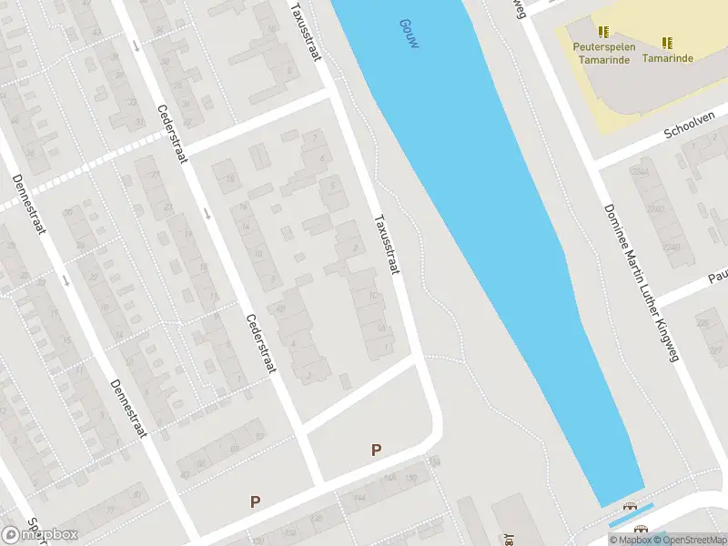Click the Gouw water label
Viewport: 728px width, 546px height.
click(409, 32)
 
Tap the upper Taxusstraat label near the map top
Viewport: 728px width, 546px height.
click(306, 31)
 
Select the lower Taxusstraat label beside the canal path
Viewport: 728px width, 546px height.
click(388, 245)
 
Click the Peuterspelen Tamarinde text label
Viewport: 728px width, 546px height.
click(602, 52)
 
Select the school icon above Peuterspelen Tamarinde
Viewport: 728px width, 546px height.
click(602, 30)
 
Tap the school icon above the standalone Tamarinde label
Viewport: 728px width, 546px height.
click(667, 43)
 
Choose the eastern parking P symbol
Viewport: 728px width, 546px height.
click(375, 450)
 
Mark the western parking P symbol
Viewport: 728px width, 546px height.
click(256, 501)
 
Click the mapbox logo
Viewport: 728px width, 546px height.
click(40, 534)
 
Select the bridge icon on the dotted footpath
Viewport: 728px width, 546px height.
click(629, 507)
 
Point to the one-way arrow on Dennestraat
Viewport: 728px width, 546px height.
click(66, 279)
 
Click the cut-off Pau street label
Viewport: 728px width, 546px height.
click(718, 275)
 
